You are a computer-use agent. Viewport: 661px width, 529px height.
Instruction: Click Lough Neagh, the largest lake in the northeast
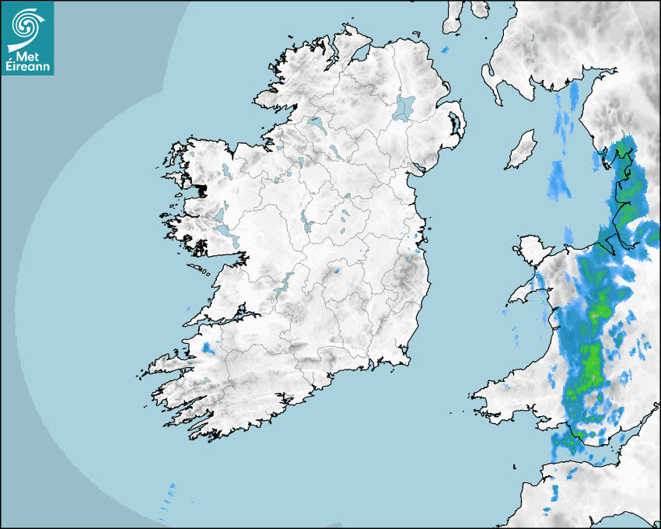404,107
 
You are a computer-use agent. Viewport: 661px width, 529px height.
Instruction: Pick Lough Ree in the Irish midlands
307,222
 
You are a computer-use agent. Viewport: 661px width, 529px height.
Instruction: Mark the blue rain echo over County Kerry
207,348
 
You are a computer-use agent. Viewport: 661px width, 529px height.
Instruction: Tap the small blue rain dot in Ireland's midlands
337,272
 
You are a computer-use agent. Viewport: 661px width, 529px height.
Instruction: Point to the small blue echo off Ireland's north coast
445,50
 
